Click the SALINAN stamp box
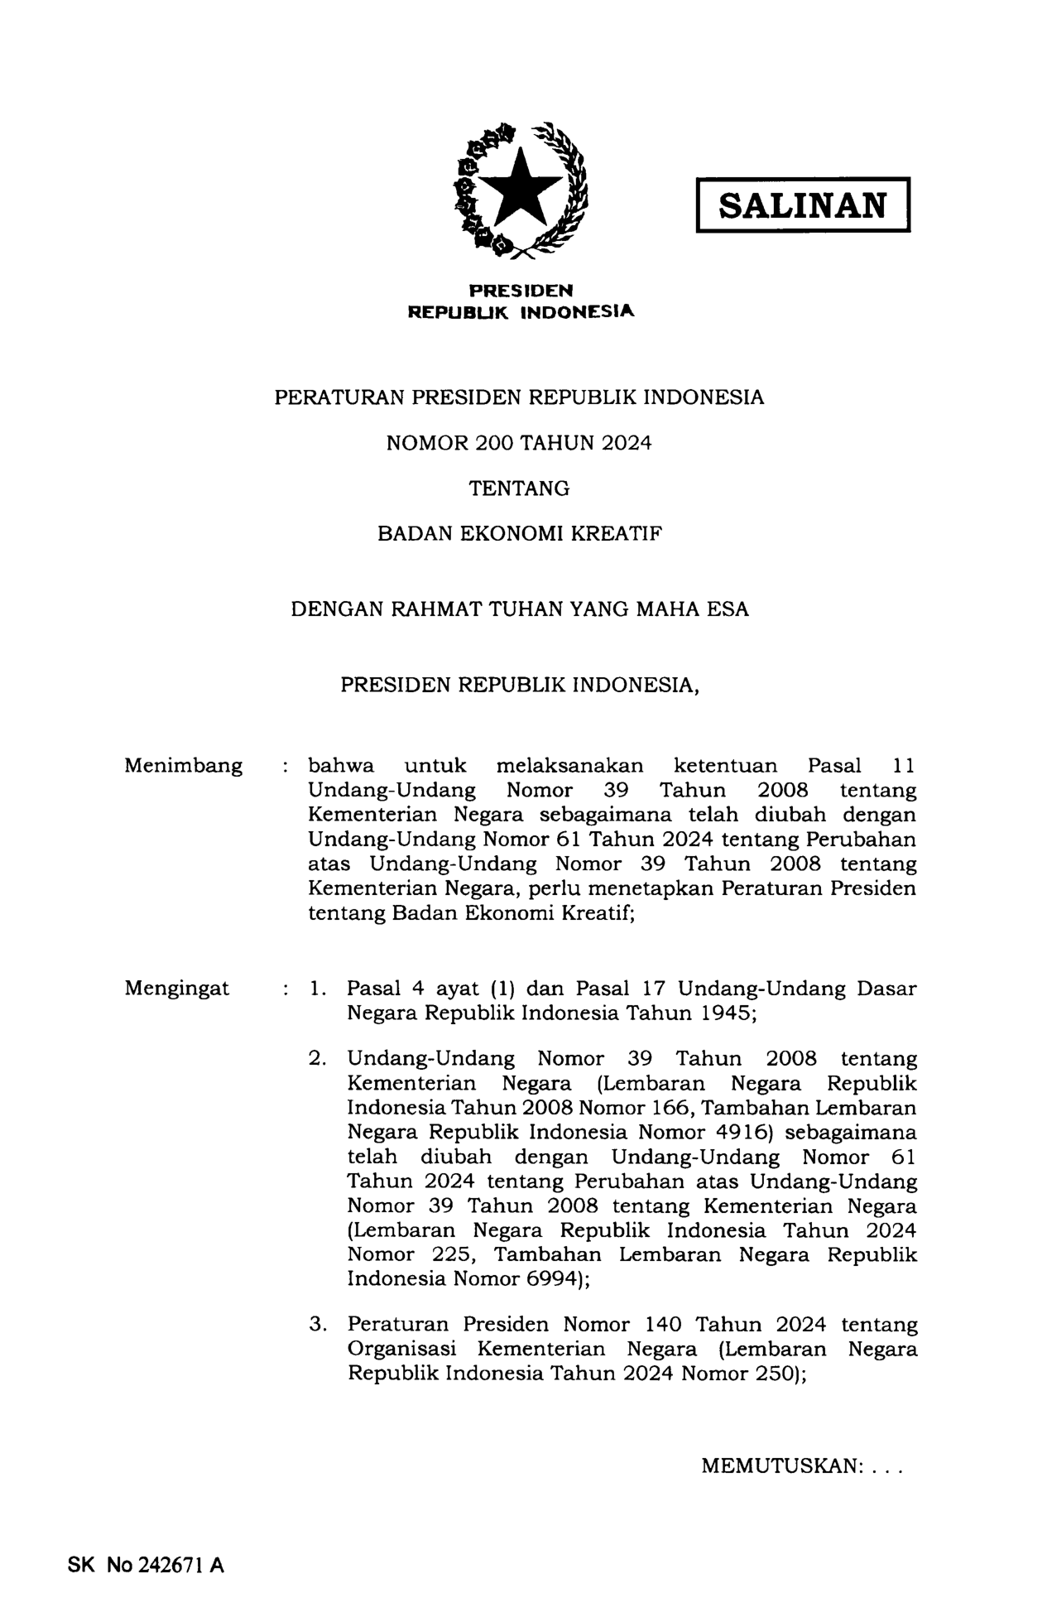(x=802, y=205)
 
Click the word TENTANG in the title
(x=519, y=488)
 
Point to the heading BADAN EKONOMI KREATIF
(x=519, y=534)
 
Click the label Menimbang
(x=183, y=766)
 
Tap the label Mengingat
(x=177, y=988)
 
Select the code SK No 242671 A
(x=145, y=1565)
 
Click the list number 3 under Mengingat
(x=315, y=1325)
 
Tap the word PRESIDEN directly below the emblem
(x=521, y=291)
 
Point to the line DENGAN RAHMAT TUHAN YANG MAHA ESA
(x=519, y=609)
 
